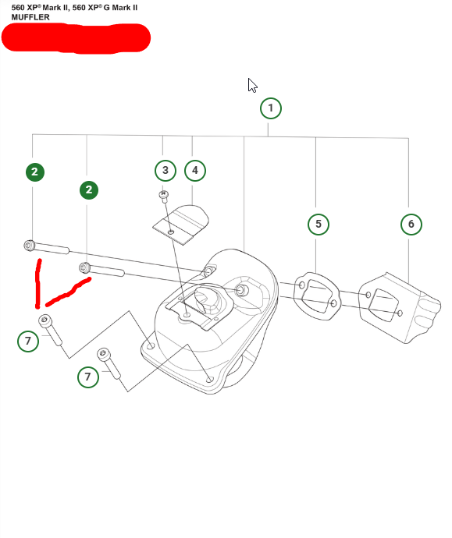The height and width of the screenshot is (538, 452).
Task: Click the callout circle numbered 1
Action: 271,108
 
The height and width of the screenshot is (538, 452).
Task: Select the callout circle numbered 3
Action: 165,171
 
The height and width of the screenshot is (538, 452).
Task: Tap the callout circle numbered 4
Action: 195,171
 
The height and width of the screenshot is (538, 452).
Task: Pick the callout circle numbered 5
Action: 319,225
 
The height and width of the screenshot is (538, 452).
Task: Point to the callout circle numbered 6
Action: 411,225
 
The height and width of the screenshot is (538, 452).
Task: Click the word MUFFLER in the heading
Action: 30,17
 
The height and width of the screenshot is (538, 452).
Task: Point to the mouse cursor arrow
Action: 252,85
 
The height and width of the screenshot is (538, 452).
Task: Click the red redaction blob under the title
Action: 76,37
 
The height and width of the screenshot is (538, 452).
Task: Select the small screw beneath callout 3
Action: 164,196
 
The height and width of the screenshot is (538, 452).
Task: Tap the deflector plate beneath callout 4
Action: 181,225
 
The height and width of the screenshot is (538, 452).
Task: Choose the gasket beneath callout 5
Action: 317,296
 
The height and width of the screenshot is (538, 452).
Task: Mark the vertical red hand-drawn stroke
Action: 37,284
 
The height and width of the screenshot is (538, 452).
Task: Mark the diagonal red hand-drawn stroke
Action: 68,292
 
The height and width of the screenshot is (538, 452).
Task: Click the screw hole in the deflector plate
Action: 171,232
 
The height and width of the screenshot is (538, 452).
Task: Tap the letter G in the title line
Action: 106,8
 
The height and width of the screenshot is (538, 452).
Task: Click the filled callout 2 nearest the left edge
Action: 35,172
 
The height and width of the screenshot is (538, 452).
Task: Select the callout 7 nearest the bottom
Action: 88,377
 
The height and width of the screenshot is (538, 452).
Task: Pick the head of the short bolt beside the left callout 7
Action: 44,320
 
